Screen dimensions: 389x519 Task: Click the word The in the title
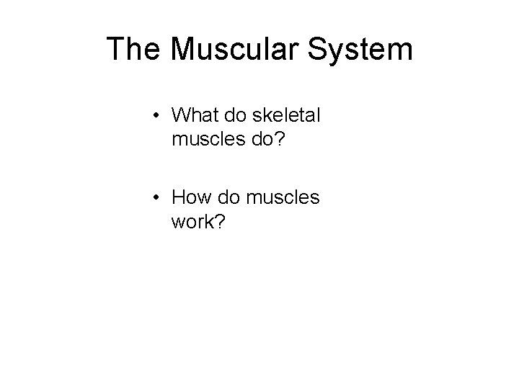(x=134, y=49)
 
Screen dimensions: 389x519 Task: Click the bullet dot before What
(x=156, y=117)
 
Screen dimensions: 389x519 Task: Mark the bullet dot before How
(x=156, y=197)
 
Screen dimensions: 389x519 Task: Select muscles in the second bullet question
(x=282, y=197)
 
